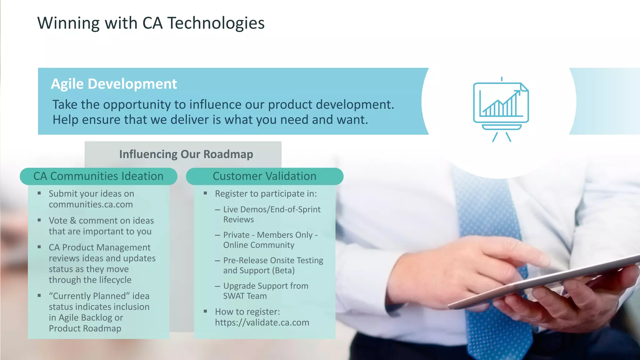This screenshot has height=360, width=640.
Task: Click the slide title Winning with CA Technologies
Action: (x=151, y=23)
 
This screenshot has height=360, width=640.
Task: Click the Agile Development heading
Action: (x=114, y=84)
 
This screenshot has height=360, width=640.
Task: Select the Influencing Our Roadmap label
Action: (x=186, y=154)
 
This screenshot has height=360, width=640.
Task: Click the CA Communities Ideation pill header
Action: (x=98, y=176)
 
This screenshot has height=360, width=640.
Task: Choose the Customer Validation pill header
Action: (x=264, y=176)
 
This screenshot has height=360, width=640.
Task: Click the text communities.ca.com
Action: (x=91, y=204)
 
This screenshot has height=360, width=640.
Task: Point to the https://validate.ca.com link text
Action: (x=262, y=322)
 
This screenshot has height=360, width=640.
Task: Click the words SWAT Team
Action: (x=245, y=296)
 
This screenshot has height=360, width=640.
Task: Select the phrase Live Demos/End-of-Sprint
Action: (x=272, y=209)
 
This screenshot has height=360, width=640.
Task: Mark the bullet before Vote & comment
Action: (x=39, y=220)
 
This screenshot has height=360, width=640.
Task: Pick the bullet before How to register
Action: (x=205, y=311)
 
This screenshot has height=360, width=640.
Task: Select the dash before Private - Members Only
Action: (x=217, y=235)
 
